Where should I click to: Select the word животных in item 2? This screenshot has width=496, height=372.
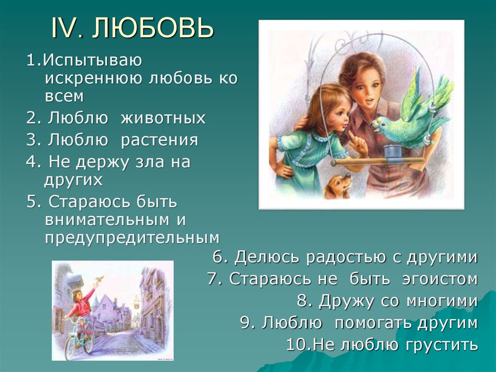[x=164, y=118]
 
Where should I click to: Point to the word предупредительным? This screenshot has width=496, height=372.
[x=132, y=238]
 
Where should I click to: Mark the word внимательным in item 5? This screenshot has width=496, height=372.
[x=108, y=219]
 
